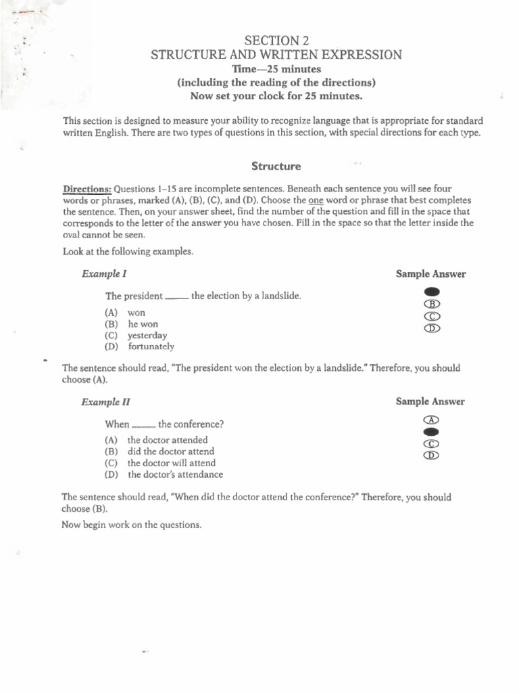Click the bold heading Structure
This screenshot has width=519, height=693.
[x=276, y=166]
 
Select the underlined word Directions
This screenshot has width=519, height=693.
[x=87, y=189]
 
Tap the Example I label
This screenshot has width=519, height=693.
[x=104, y=274]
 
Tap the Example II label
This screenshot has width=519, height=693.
[x=105, y=402]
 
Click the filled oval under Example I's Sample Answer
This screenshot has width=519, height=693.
[x=432, y=292]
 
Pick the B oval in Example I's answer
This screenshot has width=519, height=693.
[x=432, y=304]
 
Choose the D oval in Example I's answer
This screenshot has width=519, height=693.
[x=432, y=328]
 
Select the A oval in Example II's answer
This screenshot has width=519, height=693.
[x=432, y=420]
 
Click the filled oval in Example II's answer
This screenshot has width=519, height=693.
[x=432, y=432]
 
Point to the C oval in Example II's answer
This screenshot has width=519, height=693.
[x=432, y=444]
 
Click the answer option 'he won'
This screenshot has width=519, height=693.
[x=143, y=324]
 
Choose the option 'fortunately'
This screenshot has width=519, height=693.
[x=151, y=346]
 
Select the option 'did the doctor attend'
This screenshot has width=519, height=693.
[x=170, y=451]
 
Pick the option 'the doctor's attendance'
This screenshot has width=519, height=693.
[x=175, y=474]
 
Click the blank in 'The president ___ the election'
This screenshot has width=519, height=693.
[x=176, y=298]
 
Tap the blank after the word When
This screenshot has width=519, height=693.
[x=143, y=426]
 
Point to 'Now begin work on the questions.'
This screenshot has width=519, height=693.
[x=132, y=524]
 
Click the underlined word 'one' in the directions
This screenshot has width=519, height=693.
[x=316, y=201]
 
